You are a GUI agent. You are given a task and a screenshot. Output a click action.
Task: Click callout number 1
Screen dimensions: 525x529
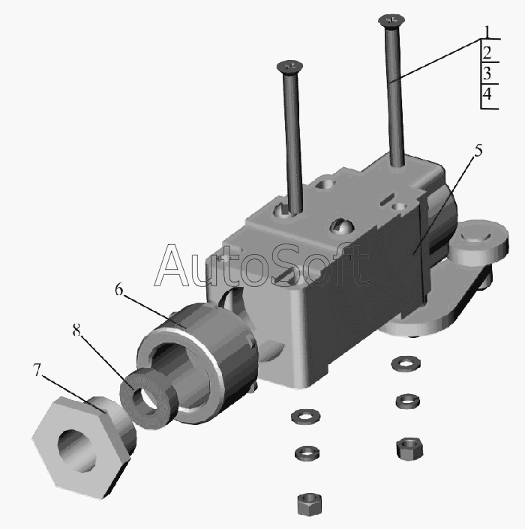(487, 32)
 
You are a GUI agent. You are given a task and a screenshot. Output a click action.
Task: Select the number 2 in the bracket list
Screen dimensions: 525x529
(487, 53)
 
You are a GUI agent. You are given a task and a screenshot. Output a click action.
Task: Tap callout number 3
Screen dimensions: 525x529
(487, 73)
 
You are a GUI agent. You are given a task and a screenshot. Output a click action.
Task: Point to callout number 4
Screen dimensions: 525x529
(487, 94)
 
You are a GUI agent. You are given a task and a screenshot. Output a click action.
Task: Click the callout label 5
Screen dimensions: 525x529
(478, 151)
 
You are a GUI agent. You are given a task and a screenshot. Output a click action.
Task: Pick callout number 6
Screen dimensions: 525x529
(118, 289)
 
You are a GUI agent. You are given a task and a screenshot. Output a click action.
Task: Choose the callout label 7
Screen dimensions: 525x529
(37, 369)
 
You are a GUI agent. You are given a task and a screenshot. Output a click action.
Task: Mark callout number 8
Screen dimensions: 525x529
(76, 330)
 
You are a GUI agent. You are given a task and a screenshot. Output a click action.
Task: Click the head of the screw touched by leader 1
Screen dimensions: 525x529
(391, 20)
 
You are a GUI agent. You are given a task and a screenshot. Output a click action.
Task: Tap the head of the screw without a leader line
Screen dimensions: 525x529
(289, 67)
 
